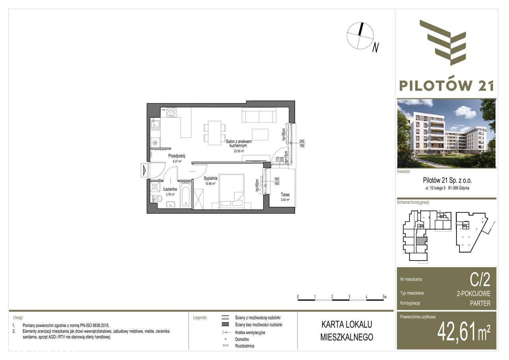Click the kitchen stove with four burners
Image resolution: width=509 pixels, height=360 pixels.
click(171, 112)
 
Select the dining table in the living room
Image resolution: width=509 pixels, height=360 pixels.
click(214, 132)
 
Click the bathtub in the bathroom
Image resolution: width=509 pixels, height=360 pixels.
click(186, 195)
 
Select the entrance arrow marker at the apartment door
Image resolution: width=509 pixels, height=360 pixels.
click(144, 170)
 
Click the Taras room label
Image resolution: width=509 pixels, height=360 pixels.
click(285, 195)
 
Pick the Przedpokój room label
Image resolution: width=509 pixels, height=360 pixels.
click(177, 156)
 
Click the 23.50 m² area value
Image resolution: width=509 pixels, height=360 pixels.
click(237, 151)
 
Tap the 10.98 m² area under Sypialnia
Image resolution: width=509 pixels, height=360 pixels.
click(210, 184)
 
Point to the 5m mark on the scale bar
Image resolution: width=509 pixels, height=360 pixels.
click(384, 297)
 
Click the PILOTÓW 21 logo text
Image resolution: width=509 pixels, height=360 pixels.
click(447, 85)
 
